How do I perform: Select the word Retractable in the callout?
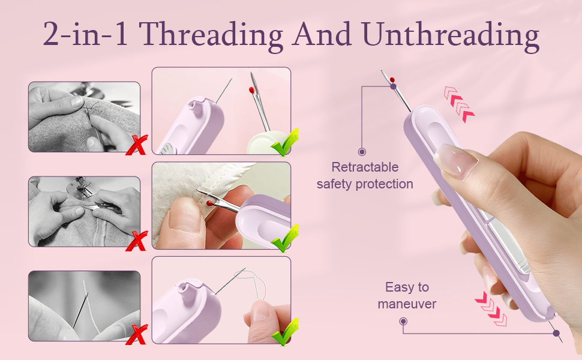pos(365,167)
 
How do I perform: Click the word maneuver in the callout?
pos(407,304)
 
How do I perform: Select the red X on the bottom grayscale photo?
pos(138,333)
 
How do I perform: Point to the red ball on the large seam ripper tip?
pos(391,79)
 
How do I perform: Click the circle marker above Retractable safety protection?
pos(362,152)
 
